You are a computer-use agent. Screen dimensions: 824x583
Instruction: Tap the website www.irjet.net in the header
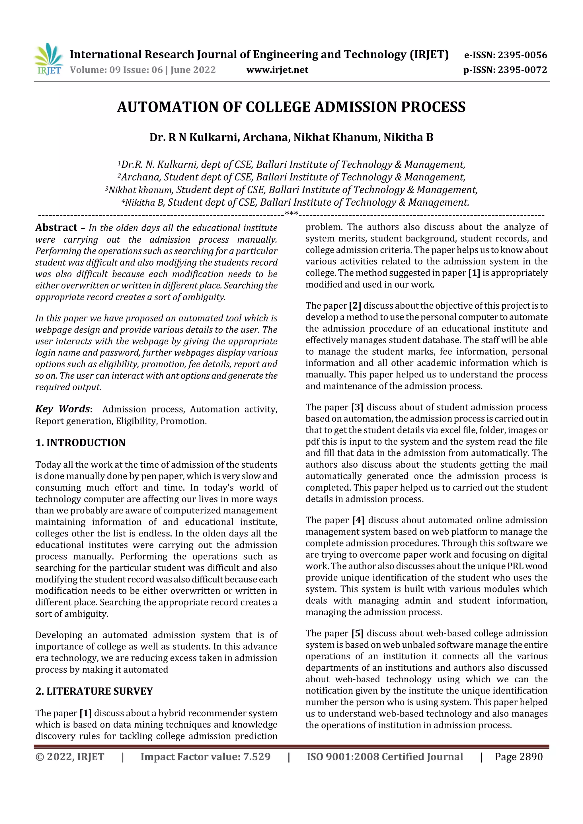277,70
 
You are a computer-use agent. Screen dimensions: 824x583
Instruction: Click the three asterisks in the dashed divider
291,214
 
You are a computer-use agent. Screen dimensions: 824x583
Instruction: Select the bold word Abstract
56,228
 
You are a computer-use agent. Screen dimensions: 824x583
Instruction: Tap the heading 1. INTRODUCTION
81,443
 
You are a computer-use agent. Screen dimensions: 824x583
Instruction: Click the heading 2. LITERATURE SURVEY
94,691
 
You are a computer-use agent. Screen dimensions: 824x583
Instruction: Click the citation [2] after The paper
355,305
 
